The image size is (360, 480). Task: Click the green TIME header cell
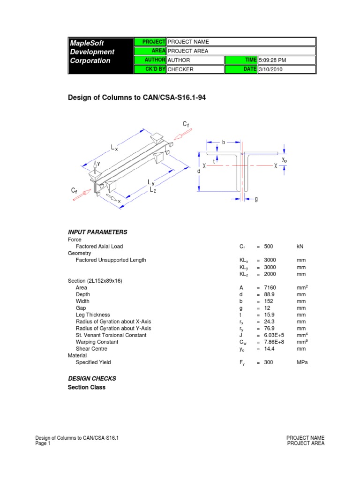click(241, 60)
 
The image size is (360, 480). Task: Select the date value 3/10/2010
click(271, 69)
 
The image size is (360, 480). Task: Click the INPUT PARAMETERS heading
click(97, 232)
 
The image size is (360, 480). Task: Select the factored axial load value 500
click(269, 246)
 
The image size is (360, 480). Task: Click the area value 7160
click(270, 287)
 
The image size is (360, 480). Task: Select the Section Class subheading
click(87, 387)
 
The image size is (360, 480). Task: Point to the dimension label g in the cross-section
click(256, 199)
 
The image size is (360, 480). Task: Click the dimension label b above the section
click(224, 142)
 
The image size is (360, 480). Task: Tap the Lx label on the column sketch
click(114, 147)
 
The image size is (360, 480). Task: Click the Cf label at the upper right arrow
click(186, 124)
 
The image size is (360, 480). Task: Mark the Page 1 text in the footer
click(43, 443)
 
